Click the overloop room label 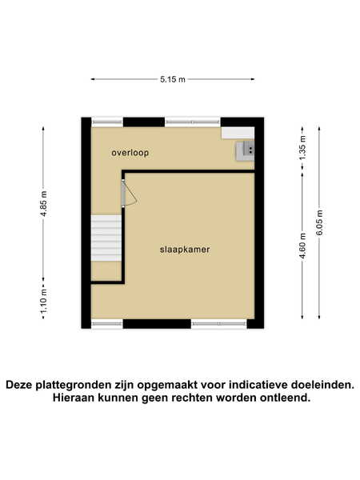click(x=130, y=153)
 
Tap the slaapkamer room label click(x=185, y=250)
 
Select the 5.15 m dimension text click(x=173, y=79)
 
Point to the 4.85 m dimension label click(x=44, y=204)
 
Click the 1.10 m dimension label click(x=44, y=302)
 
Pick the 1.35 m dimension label click(x=302, y=148)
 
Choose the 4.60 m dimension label click(x=302, y=246)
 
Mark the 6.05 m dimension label click(x=319, y=222)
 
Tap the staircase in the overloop click(x=106, y=238)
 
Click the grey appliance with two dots click(x=245, y=150)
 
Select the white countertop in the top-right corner click(x=238, y=133)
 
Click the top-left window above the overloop click(x=107, y=122)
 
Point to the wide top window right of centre click(x=193, y=122)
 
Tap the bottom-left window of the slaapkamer click(x=107, y=324)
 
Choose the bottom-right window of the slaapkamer click(x=219, y=324)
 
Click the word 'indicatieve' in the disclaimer click(x=258, y=385)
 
